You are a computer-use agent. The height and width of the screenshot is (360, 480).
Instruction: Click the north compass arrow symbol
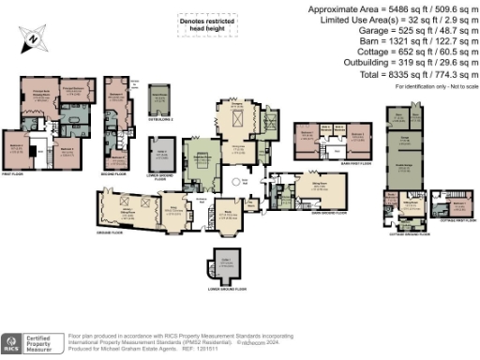coord(32,38)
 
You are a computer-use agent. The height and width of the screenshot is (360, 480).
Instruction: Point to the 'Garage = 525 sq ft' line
coord(412,30)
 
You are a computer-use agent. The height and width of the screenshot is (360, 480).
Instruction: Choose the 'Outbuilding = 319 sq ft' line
coord(412,61)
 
